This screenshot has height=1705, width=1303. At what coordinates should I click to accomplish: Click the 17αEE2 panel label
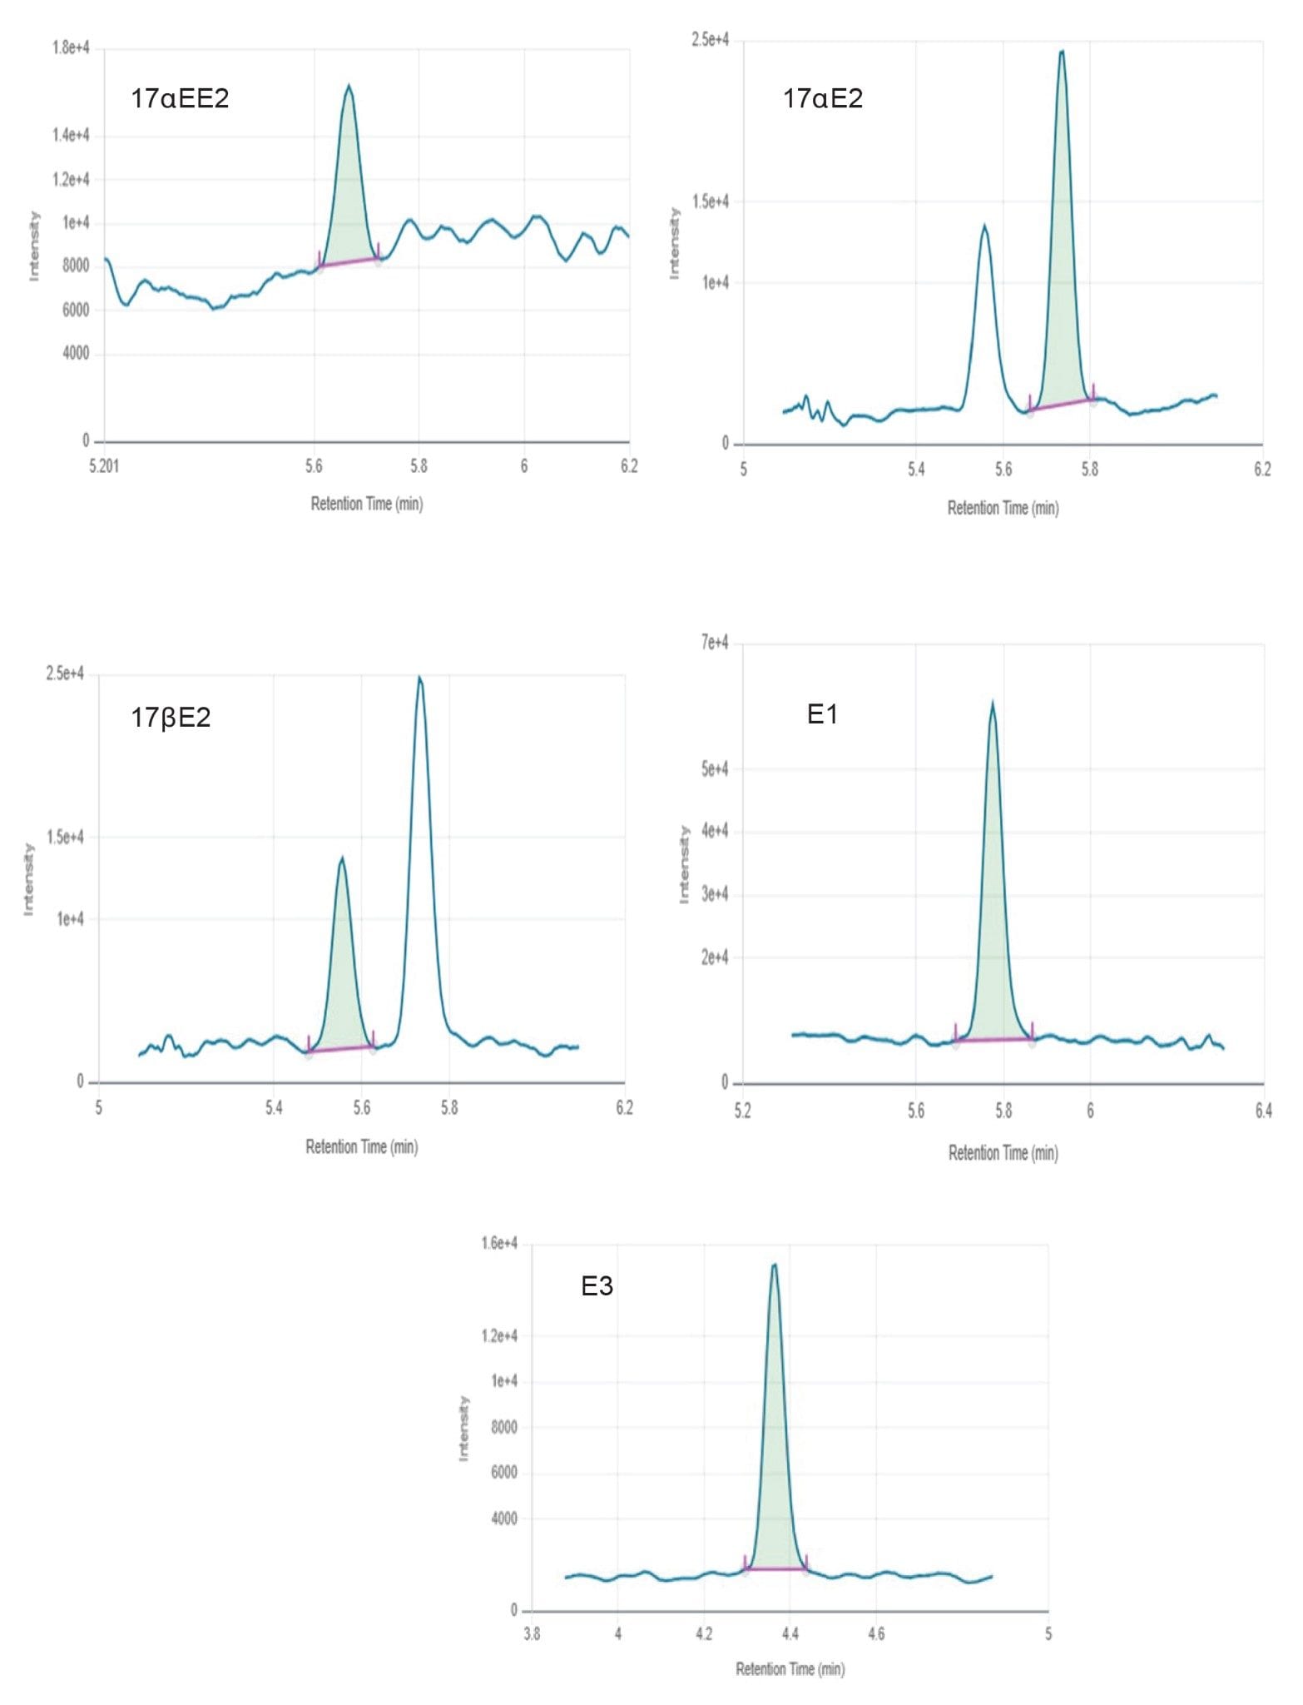180,98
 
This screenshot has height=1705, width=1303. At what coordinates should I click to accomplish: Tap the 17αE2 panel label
822,98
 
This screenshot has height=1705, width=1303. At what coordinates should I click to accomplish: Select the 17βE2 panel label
171,717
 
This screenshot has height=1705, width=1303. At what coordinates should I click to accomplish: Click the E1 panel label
822,713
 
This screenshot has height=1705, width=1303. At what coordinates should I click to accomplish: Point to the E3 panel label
597,1286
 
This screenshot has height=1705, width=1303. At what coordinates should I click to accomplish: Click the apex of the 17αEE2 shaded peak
349,86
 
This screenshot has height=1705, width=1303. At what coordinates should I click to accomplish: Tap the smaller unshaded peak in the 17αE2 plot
984,226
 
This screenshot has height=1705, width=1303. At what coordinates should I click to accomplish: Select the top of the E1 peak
992,703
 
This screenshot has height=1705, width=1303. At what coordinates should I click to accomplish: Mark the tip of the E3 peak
775,1265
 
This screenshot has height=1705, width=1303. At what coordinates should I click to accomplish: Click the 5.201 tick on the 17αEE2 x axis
104,466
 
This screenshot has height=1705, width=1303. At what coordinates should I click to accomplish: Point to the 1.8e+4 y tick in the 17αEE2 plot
71,47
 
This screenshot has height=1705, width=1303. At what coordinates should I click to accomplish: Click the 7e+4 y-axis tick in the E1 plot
714,642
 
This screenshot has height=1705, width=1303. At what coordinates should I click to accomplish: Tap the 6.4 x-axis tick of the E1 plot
1263,1110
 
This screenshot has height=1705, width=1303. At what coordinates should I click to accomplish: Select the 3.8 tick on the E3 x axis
532,1633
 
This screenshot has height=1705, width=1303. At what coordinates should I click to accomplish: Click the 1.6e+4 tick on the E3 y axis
499,1243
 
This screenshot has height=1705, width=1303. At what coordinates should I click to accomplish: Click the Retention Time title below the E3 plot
790,1668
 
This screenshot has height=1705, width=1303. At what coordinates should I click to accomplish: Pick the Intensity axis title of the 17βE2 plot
29,879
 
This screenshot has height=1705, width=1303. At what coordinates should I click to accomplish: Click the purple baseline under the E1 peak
993,1039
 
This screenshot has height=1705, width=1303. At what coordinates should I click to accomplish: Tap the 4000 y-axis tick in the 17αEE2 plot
76,353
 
